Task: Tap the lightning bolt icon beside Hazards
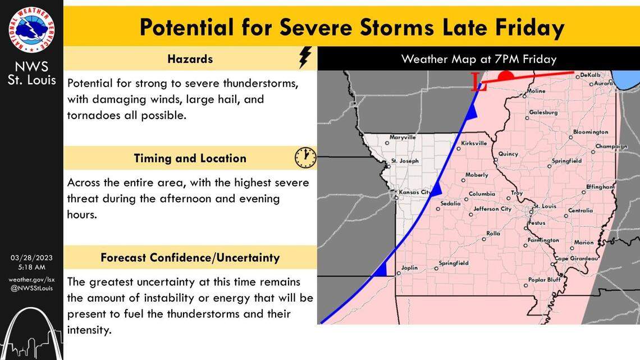(x=304, y=57)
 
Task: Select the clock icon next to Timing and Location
(x=305, y=158)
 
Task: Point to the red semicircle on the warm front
(x=506, y=75)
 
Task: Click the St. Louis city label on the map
(x=545, y=206)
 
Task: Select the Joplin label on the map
(x=409, y=268)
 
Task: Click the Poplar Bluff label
(x=544, y=280)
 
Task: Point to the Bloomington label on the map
(x=590, y=132)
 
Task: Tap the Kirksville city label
(x=474, y=143)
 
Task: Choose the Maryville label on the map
(x=403, y=137)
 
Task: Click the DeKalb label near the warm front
(x=590, y=75)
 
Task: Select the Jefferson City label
(x=492, y=209)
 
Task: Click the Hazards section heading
(x=190, y=58)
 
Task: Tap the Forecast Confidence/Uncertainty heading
(x=190, y=258)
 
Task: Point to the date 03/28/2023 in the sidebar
(x=31, y=258)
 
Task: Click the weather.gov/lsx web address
(x=31, y=280)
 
